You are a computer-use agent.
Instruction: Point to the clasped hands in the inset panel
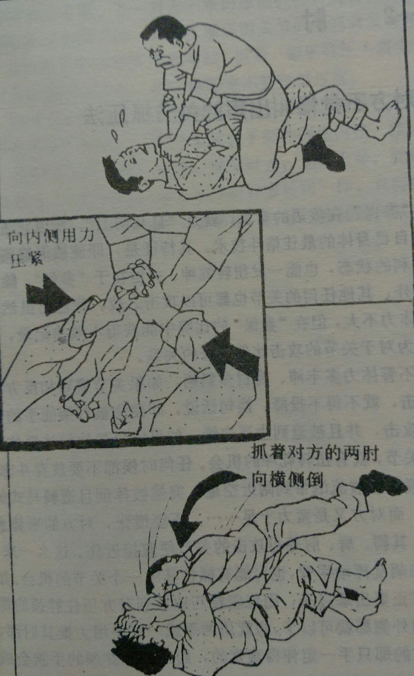pos(140,277)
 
